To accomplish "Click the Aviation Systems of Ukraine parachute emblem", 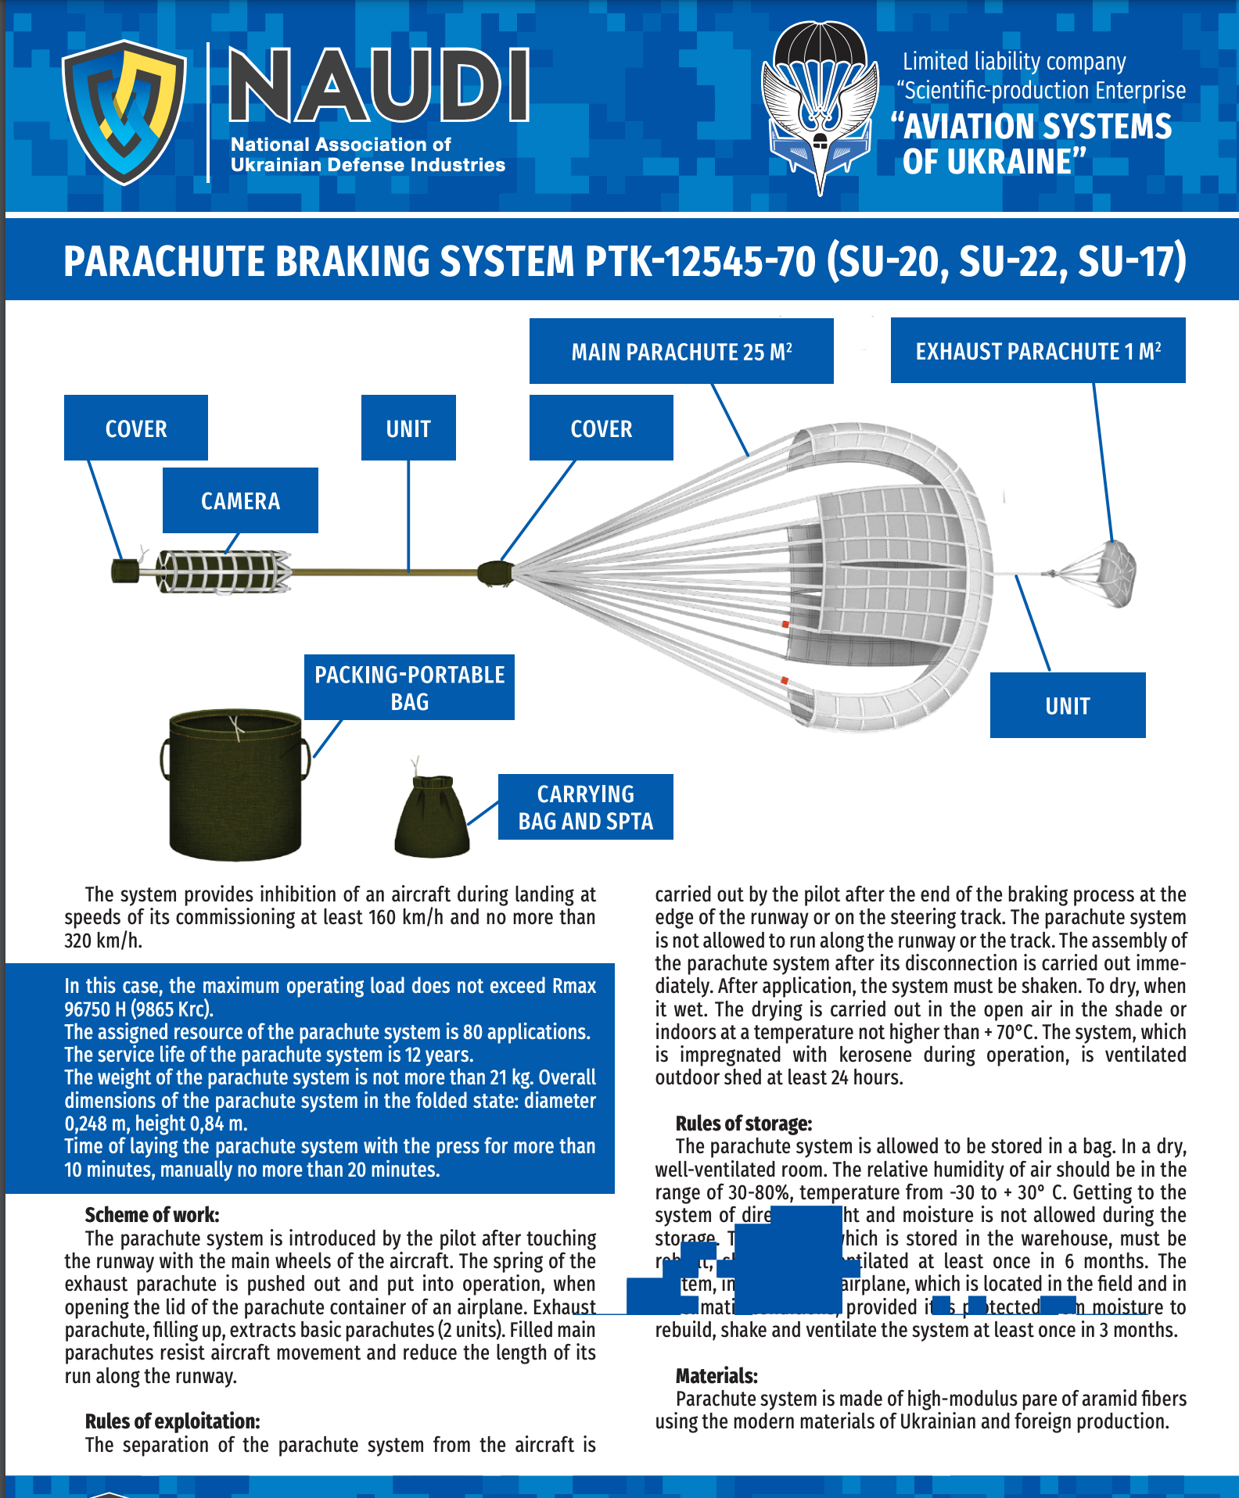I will click(820, 106).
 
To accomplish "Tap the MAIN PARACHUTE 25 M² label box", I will click(681, 351).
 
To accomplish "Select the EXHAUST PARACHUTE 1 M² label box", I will click(1037, 351).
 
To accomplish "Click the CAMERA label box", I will click(240, 500).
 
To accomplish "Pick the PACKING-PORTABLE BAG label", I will click(409, 687).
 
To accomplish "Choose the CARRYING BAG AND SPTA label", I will click(585, 807).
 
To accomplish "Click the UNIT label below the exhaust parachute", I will click(1067, 705).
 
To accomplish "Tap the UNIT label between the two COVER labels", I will click(408, 428).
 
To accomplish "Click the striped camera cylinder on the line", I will click(223, 572).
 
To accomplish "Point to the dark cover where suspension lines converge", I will click(494, 573).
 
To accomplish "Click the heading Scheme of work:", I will click(152, 1214).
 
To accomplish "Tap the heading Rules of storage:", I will click(743, 1123).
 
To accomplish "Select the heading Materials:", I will click(716, 1375).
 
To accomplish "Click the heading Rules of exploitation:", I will click(172, 1421).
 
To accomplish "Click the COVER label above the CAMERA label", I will click(136, 428).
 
